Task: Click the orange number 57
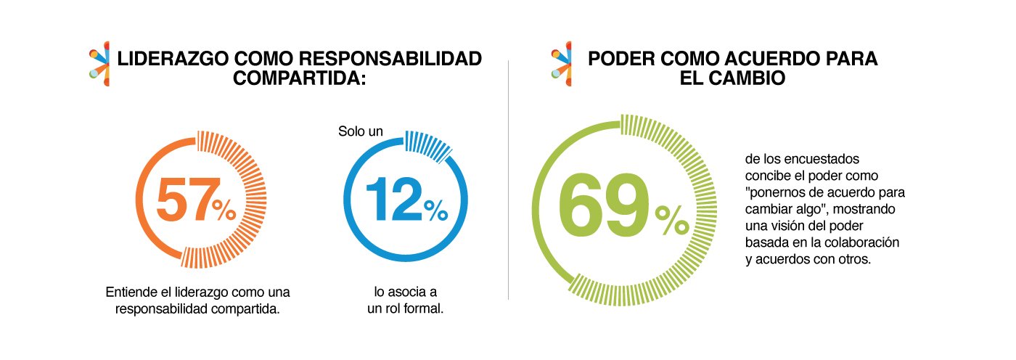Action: [x=184, y=200]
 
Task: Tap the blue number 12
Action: [x=393, y=200]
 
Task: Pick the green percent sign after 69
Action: [x=671, y=221]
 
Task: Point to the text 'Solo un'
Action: [x=360, y=132]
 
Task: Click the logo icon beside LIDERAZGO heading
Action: [x=99, y=64]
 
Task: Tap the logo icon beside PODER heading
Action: [x=560, y=64]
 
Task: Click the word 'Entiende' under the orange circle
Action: [x=130, y=293]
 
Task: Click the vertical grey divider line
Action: [x=508, y=181]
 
